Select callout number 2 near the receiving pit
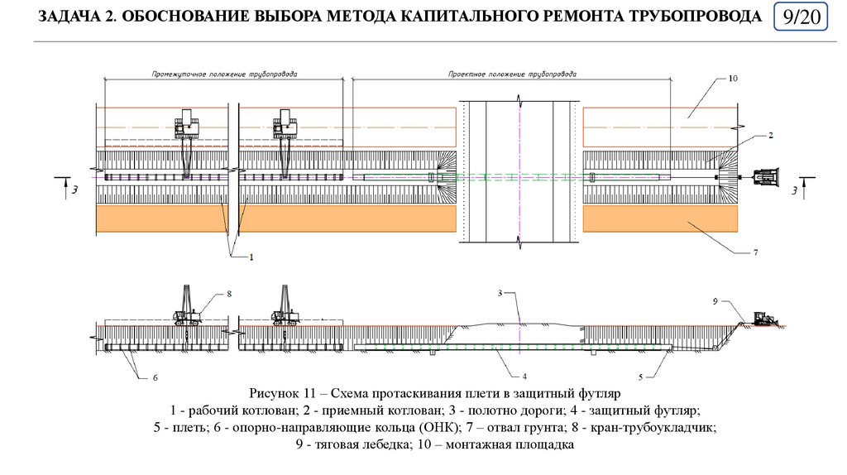770,135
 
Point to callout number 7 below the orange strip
755,252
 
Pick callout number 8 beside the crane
229,293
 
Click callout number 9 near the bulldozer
715,301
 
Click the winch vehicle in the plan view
767,176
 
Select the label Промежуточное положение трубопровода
224,74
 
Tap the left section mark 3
75,190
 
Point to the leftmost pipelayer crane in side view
185,308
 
